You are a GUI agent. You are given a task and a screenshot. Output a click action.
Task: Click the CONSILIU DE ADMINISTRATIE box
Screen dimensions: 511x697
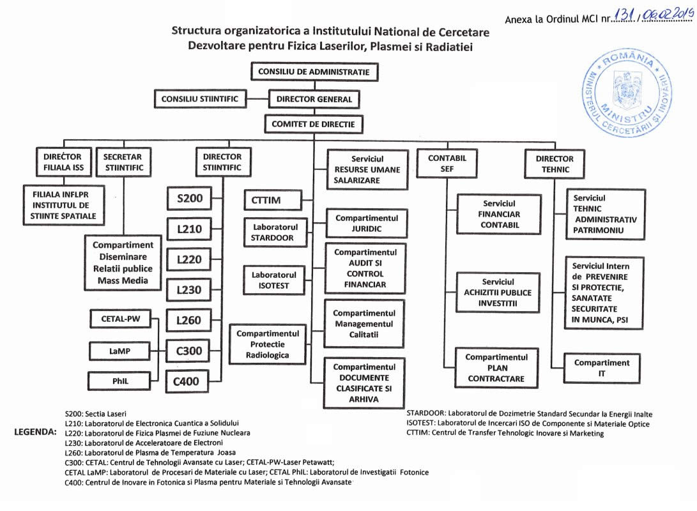[x=314, y=72]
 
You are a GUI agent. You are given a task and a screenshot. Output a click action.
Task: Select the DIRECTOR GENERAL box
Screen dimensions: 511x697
[x=314, y=99]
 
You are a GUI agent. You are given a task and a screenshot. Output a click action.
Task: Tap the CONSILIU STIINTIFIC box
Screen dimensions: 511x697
[x=199, y=99]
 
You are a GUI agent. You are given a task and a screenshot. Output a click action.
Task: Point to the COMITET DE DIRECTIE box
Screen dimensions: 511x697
[x=313, y=124]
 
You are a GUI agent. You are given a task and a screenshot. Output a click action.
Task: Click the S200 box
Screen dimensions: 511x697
[x=189, y=199]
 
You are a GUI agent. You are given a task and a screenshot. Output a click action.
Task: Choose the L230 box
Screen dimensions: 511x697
[x=189, y=290]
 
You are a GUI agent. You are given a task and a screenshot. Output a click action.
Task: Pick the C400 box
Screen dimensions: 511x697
[x=187, y=382]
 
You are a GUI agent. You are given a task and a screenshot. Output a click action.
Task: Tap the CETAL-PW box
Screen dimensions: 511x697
[x=120, y=319]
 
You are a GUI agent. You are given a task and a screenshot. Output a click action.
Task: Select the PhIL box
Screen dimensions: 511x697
[x=120, y=381]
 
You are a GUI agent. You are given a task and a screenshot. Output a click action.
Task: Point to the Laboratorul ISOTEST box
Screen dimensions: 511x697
[x=270, y=280]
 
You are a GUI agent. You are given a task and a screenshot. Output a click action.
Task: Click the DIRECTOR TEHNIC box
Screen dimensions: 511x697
[x=555, y=164]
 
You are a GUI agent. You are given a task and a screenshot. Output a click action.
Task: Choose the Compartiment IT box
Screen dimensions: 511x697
[x=601, y=368]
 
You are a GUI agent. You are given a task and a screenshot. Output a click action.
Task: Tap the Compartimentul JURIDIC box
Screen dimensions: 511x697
[x=367, y=223]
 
